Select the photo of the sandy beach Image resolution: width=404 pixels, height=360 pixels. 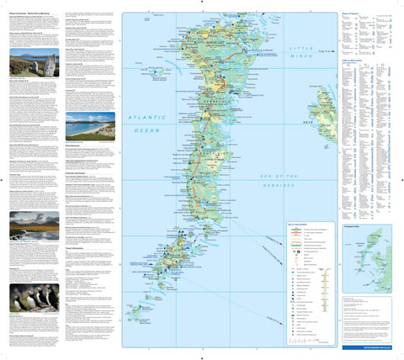tap(90, 126)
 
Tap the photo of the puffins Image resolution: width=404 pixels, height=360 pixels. tap(33, 298)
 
